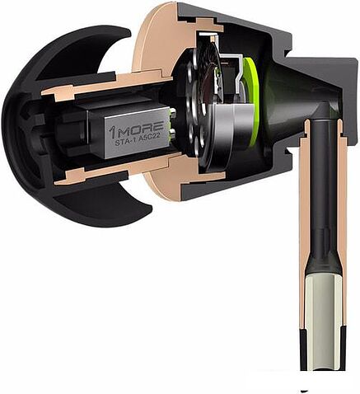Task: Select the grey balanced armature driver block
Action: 124,136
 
